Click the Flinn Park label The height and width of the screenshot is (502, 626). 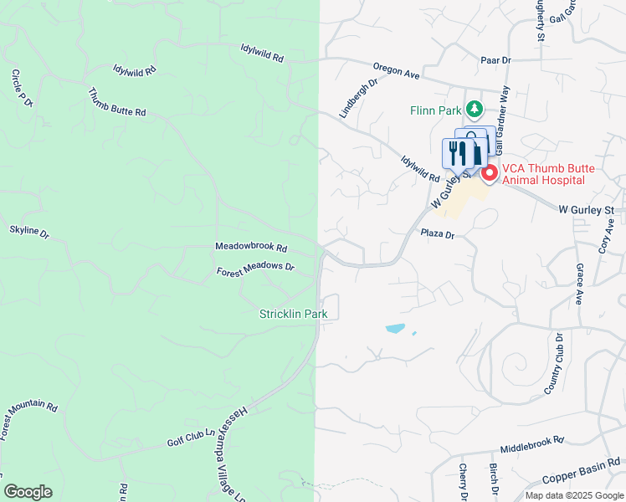pos(437,110)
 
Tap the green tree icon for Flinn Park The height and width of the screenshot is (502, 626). pos(475,109)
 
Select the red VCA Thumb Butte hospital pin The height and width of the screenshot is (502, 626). pos(489,173)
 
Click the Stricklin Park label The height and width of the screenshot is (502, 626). pos(292,314)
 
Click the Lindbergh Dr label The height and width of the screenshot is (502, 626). pos(359,99)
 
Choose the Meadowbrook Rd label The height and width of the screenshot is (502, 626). pos(251,248)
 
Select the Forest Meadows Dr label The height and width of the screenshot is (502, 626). pos(255,269)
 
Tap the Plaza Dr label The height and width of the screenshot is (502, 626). pos(437,235)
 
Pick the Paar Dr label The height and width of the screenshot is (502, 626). pos(495,60)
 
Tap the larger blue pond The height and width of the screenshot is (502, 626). pos(395,329)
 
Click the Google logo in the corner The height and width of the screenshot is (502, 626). pos(28,491)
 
